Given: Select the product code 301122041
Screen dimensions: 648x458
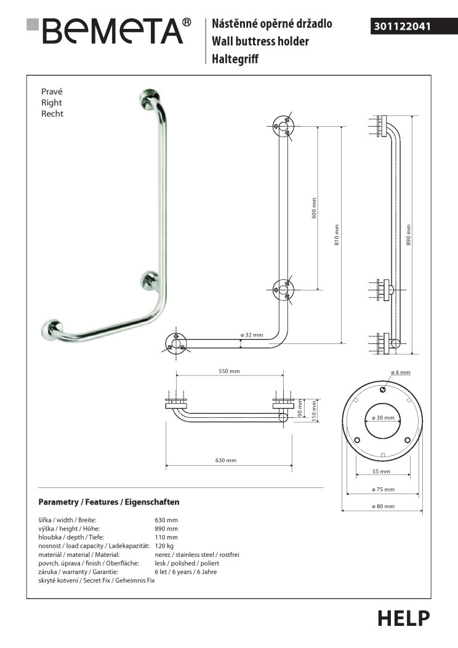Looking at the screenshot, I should coord(401,26).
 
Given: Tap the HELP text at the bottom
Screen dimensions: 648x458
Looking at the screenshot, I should coord(403,618).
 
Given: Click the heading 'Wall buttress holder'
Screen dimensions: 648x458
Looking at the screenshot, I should coord(260,42).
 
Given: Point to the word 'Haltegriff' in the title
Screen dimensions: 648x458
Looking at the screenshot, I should coord(235,59).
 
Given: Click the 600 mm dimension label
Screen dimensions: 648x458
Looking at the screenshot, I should coord(314,208).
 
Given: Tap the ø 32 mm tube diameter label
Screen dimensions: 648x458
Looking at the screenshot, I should coord(252,335).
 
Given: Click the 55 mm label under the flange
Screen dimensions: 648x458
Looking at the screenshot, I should coord(382,471).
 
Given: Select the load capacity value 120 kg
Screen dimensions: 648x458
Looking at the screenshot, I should coord(164,546).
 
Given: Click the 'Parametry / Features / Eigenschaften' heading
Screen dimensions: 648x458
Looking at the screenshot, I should coord(109,502).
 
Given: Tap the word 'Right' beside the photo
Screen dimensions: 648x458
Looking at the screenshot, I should coord(51,103).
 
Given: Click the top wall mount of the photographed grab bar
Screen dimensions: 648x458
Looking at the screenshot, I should coord(149,97).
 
